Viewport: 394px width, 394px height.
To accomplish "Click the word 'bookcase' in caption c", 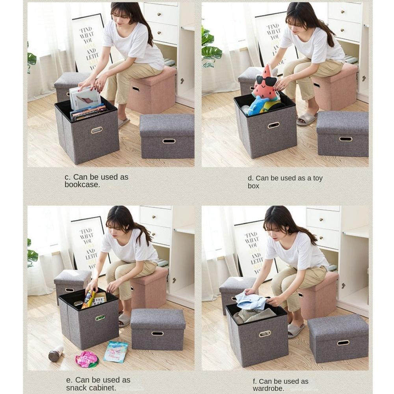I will [x=82, y=185].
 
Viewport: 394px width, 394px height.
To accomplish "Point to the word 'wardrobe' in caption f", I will [x=268, y=389].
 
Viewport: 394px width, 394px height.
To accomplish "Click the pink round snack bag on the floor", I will [x=86, y=359].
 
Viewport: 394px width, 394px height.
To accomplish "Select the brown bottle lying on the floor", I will [x=56, y=354].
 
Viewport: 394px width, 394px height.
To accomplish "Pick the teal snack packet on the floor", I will [x=116, y=351].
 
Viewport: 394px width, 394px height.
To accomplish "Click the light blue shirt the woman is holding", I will [x=252, y=301].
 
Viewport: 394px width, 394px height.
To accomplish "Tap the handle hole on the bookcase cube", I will [x=97, y=130].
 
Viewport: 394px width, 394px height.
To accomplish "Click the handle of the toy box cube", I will [x=273, y=125].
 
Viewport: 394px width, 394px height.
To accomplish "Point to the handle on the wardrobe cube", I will [x=265, y=334].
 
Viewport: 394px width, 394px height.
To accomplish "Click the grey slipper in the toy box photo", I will [x=307, y=118].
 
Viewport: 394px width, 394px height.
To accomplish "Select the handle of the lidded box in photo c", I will [x=169, y=141].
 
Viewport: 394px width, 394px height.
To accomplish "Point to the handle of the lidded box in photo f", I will [x=343, y=342].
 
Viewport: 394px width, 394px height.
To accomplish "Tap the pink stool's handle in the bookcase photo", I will [x=136, y=89].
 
